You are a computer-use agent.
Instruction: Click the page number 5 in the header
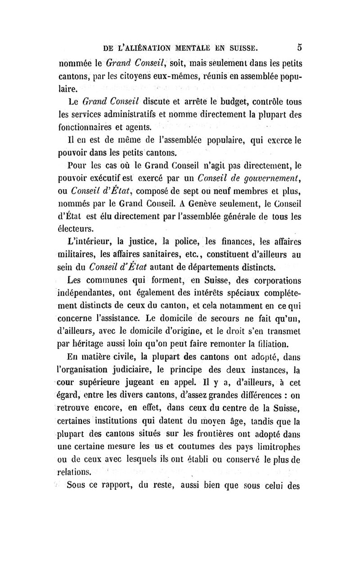point(299,47)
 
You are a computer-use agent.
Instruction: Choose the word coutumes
point(185,447)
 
